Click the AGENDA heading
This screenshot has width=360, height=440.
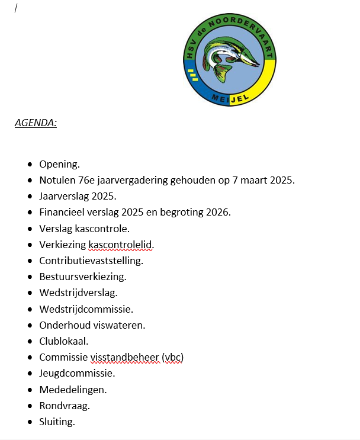click(36, 123)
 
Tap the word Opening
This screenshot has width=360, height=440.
click(59, 164)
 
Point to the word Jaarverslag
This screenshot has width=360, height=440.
click(65, 196)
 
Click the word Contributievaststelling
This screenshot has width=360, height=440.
click(91, 261)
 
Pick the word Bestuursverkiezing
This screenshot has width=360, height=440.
click(83, 277)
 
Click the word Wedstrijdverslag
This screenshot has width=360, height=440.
click(78, 293)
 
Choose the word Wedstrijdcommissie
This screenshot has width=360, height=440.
click(86, 309)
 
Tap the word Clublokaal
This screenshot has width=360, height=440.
click(63, 341)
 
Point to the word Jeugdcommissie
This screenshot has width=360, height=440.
click(77, 374)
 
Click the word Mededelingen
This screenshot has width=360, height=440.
click(73, 390)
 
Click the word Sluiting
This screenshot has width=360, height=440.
click(57, 422)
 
